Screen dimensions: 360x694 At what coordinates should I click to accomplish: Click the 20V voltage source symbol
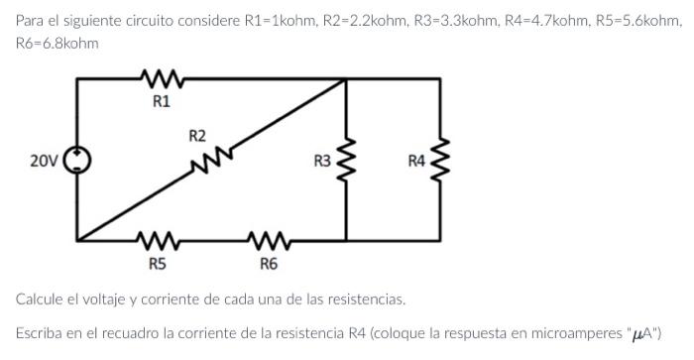pyautogui.click(x=77, y=160)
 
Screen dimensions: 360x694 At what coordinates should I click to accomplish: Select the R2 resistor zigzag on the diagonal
pyautogui.click(x=215, y=156)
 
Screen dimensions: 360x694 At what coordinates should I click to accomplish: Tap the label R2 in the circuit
pyautogui.click(x=197, y=134)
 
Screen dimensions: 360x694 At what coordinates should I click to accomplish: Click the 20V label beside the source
pyautogui.click(x=44, y=160)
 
